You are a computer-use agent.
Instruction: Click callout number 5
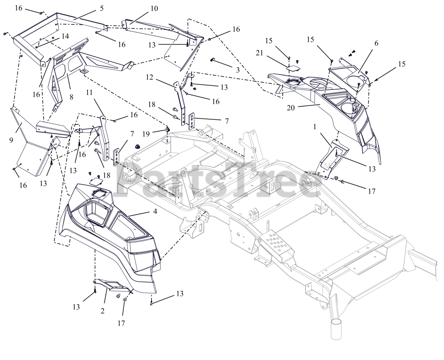coord(101,8)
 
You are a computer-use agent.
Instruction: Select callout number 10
coord(154,9)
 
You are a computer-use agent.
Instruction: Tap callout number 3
coord(238,69)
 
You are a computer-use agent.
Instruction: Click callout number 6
coord(376,43)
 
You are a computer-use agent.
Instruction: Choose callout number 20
coord(291,108)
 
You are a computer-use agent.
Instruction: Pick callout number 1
coord(315,127)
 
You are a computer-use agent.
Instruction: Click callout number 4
coord(155,211)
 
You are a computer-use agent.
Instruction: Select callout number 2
coord(102,311)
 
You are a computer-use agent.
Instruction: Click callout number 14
coord(65,36)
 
